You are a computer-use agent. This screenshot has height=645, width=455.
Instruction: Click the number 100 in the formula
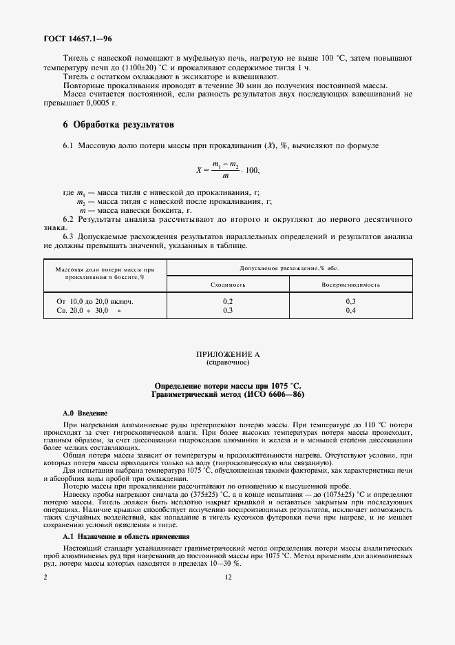[253, 170]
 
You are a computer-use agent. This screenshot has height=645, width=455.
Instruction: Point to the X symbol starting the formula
[198, 170]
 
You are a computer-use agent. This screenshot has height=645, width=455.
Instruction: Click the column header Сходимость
[228, 285]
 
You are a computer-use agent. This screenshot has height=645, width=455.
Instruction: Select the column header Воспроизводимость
[350, 285]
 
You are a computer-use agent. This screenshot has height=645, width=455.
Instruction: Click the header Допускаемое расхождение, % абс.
[289, 267]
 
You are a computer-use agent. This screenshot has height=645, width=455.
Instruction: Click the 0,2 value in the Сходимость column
[228, 302]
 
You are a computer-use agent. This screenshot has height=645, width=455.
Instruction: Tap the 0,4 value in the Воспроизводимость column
[350, 311]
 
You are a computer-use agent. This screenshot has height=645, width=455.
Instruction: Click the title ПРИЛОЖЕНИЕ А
[227, 354]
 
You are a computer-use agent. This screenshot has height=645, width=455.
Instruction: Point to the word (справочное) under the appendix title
[227, 362]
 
